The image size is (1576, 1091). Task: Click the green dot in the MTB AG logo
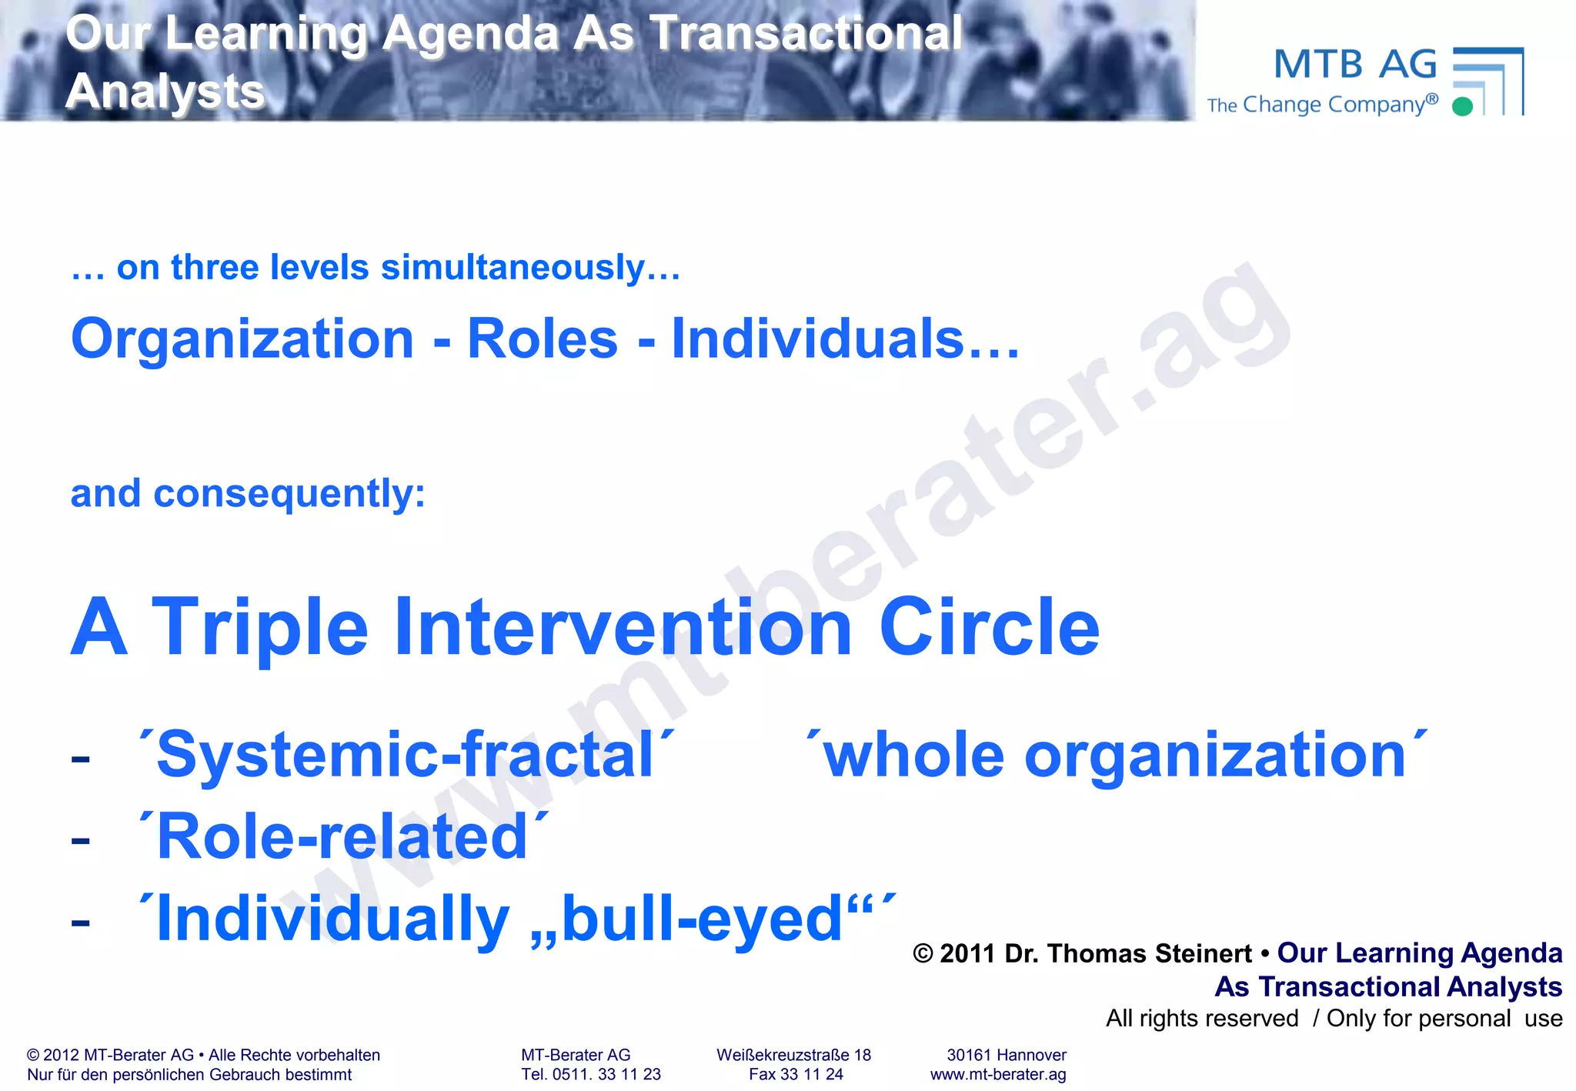pos(1462,106)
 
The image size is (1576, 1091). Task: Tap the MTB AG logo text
pos(1355,65)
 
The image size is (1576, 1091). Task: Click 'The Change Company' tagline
pos(1322,105)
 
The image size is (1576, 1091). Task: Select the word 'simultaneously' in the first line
pos(513,268)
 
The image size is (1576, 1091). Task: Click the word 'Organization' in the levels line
pos(242,339)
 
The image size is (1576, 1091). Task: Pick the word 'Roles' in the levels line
pos(543,339)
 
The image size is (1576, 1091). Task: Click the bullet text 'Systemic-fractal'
pos(406,755)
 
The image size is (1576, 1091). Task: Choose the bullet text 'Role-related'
pos(342,837)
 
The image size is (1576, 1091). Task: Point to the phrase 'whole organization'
pos(1115,755)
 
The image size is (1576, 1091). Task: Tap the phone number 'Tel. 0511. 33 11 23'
pos(590,1074)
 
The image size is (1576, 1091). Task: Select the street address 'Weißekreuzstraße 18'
pos(793,1055)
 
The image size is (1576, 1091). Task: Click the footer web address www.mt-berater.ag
pos(998,1074)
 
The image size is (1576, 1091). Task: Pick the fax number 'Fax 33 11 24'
pos(796,1074)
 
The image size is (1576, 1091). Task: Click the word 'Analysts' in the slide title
pos(165,92)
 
